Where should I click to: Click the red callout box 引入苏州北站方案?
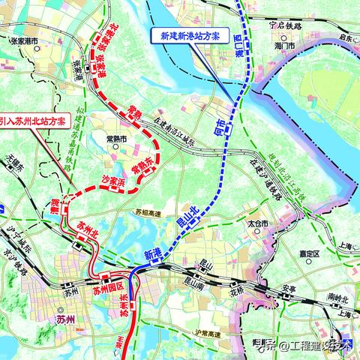point(37,121)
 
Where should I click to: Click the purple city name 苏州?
point(65,321)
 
